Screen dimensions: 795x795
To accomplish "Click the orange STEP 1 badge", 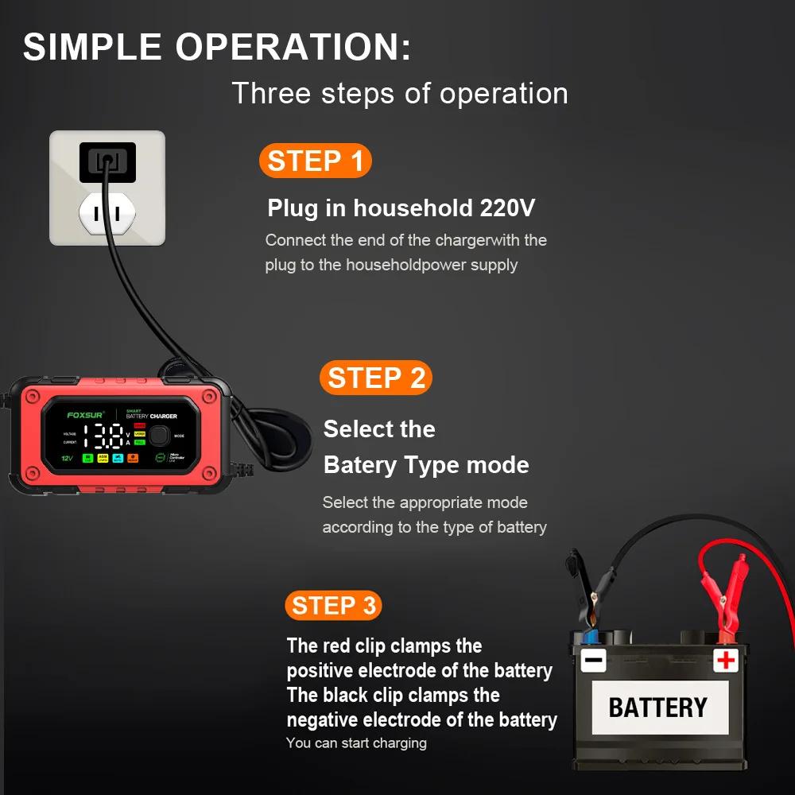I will [x=315, y=161].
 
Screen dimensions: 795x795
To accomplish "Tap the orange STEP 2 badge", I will [x=376, y=378].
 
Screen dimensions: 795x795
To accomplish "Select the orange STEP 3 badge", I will [x=333, y=606].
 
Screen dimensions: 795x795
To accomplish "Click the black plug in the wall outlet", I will [x=107, y=163].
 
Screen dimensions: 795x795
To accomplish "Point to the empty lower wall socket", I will [x=107, y=212].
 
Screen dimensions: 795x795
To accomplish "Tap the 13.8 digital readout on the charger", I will [x=104, y=436].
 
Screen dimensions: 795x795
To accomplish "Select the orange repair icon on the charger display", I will [x=133, y=458].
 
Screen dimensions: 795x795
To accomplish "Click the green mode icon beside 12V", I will [x=87, y=458].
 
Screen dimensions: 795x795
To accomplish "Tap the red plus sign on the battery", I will [x=725, y=659].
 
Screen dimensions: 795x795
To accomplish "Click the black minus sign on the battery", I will [x=593, y=660].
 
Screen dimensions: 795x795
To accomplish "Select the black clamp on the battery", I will [x=585, y=596].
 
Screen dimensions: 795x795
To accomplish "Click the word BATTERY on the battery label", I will [x=657, y=708].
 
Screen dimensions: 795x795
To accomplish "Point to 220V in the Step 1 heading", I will [x=507, y=208].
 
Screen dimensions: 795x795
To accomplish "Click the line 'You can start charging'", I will [x=356, y=743].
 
